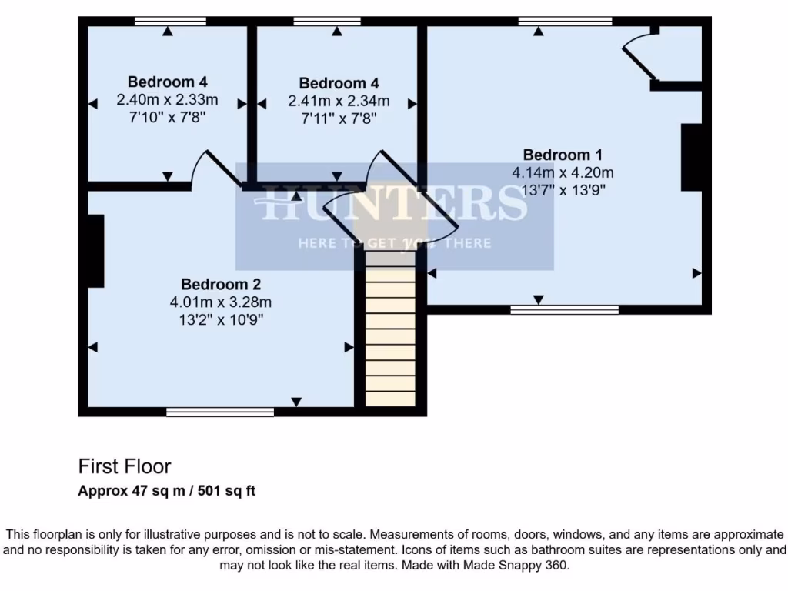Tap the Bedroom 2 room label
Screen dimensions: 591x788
pyautogui.click(x=220, y=284)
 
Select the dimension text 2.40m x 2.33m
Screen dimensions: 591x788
pyautogui.click(x=167, y=99)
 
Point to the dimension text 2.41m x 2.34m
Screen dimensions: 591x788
pyautogui.click(x=339, y=101)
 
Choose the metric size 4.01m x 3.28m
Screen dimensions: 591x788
pyautogui.click(x=220, y=302)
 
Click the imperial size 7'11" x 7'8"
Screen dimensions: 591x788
pyautogui.click(x=339, y=119)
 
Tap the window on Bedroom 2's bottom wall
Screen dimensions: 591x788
pyautogui.click(x=220, y=412)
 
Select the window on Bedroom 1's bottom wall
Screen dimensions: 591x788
pyautogui.click(x=565, y=309)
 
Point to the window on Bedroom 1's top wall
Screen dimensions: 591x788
pyautogui.click(x=565, y=21)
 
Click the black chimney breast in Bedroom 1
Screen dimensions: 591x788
pyautogui.click(x=691, y=156)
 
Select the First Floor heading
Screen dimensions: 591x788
pyautogui.click(x=125, y=466)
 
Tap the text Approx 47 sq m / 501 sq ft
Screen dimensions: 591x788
pyautogui.click(x=167, y=491)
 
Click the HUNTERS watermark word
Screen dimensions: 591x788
pyautogui.click(x=394, y=204)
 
